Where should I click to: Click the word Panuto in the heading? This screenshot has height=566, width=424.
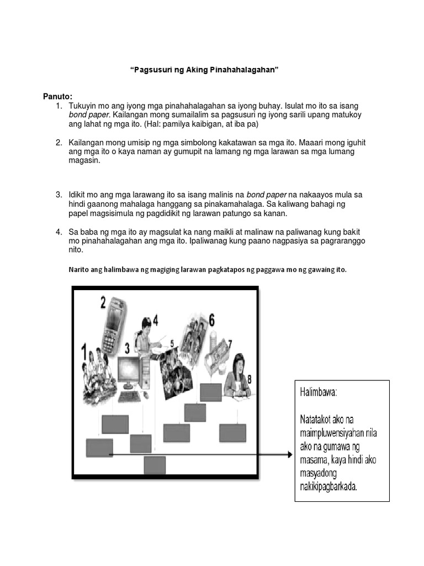(x=57, y=97)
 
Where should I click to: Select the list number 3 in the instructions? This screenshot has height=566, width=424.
(x=59, y=195)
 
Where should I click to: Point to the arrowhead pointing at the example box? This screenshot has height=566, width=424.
(x=288, y=454)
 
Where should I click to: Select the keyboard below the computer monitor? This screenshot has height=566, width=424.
(x=130, y=397)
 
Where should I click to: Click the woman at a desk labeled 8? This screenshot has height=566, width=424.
(x=236, y=376)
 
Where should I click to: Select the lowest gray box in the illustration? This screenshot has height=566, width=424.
(x=155, y=465)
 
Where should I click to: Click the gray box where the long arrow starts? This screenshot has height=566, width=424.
(x=99, y=448)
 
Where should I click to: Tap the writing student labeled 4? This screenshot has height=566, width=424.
(x=146, y=337)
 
